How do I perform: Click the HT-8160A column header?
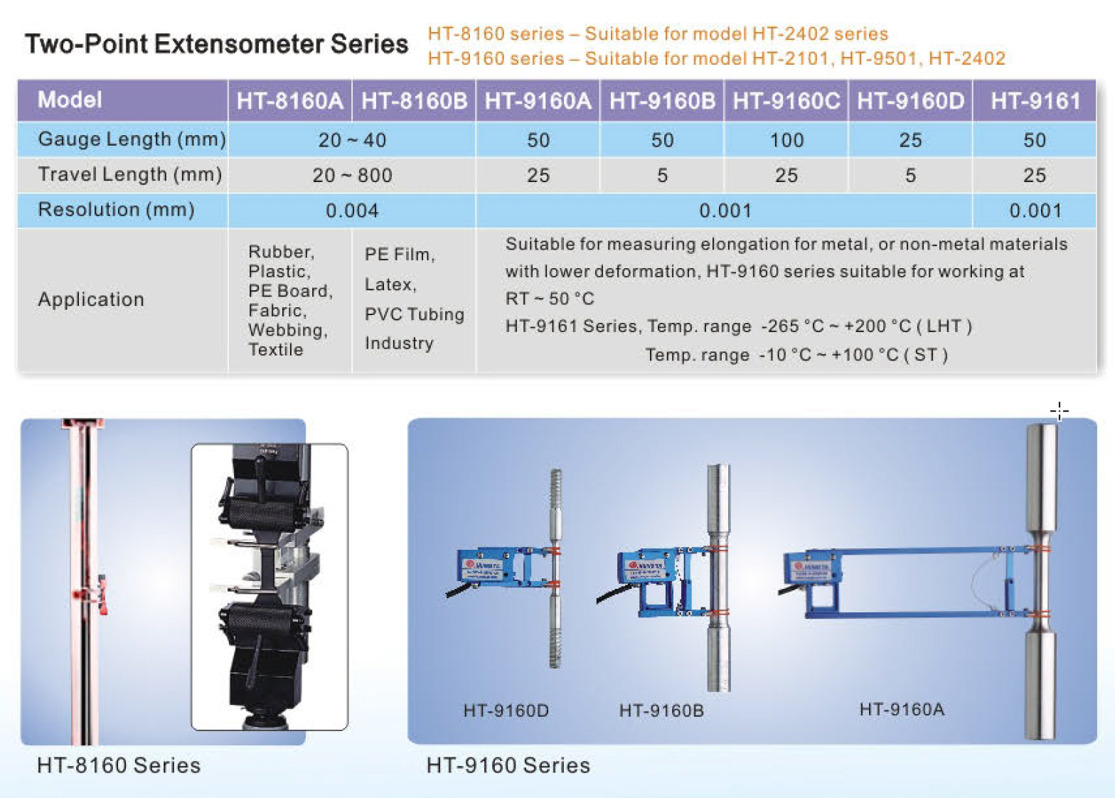(289, 101)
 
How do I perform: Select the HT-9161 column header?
(1035, 101)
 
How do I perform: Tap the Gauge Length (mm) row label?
(132, 139)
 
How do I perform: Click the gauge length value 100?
(786, 140)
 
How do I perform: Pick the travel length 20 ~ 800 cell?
(353, 175)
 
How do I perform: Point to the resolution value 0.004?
(352, 211)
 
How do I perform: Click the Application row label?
(91, 299)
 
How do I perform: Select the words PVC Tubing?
(415, 314)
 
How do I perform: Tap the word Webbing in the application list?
(288, 330)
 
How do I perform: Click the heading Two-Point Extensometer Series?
(216, 44)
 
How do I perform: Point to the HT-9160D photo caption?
(506, 711)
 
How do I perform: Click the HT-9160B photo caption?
(661, 711)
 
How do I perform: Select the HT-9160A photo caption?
(902, 709)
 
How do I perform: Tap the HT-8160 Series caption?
(119, 766)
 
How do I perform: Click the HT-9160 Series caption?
(508, 766)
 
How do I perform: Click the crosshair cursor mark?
(1060, 411)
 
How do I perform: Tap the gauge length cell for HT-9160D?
(910, 140)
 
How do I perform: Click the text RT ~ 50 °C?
(550, 299)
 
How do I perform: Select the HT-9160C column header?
(786, 101)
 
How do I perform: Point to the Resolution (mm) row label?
(116, 210)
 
